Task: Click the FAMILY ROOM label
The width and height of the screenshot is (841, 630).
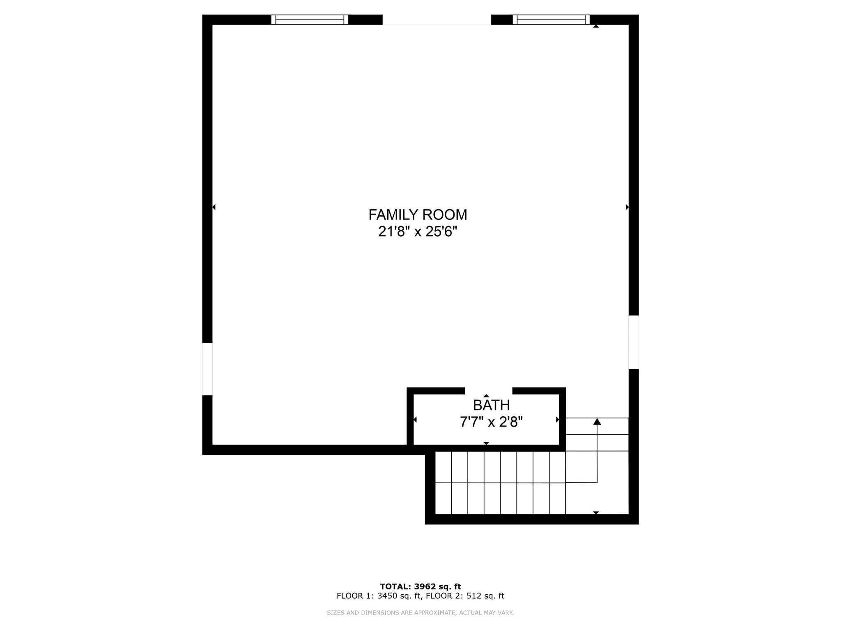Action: [418, 215]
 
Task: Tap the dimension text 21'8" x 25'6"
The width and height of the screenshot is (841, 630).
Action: [418, 232]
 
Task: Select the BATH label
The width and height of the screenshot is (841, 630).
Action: [491, 405]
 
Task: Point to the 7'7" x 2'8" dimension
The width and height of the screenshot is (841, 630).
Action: [491, 422]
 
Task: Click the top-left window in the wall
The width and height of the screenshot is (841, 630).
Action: [310, 20]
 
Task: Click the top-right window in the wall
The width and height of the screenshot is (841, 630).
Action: [551, 20]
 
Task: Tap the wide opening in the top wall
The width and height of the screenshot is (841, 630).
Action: [437, 20]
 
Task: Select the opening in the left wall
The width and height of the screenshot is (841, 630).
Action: [207, 369]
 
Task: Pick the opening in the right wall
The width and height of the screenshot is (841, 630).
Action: [634, 342]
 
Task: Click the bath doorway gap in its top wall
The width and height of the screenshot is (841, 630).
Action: [489, 391]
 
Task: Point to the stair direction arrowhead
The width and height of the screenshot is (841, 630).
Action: [597, 422]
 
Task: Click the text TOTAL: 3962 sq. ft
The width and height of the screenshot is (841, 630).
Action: [420, 587]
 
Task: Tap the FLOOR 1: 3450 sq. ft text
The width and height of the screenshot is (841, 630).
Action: [379, 596]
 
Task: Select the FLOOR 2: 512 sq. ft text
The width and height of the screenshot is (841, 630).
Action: [465, 596]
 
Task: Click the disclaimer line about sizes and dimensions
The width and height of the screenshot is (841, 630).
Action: [420, 613]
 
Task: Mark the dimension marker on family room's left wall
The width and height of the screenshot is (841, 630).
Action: [214, 207]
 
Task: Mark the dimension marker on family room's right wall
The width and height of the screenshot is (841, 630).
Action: [627, 207]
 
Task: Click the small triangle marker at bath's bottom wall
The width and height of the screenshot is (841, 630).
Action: [486, 443]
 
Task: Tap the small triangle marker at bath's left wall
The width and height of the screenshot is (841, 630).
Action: [415, 420]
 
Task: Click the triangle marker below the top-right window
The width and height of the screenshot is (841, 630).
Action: [596, 26]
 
